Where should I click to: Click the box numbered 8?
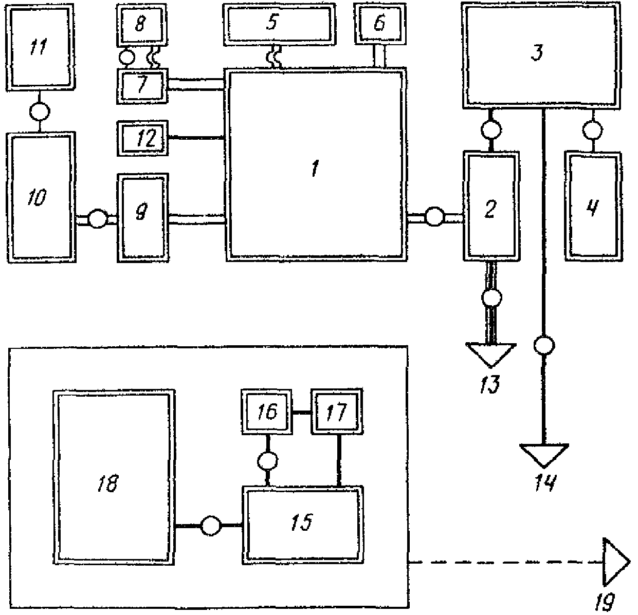[x=141, y=25]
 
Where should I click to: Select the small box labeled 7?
[x=142, y=86]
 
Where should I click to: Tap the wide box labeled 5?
[x=279, y=24]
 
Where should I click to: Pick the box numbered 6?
[x=380, y=24]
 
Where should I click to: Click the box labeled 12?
[x=142, y=138]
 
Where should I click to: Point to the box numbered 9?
[x=143, y=218]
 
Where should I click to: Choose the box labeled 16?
[x=267, y=412]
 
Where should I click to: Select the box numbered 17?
[x=337, y=412]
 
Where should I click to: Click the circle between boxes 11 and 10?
[x=40, y=111]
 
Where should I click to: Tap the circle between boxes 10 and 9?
[x=97, y=218]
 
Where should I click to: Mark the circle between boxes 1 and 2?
[x=435, y=217]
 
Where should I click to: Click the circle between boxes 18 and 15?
[x=210, y=526]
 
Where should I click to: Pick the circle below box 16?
[x=267, y=461]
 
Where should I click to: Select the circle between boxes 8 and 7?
[x=126, y=58]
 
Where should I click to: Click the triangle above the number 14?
[x=544, y=455]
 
